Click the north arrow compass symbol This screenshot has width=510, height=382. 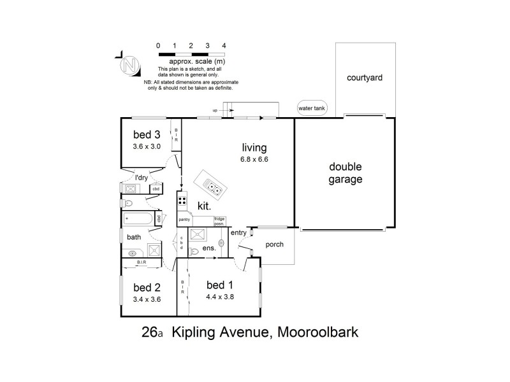click(131, 64)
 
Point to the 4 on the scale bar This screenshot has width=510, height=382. click(224, 46)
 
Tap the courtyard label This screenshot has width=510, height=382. click(365, 78)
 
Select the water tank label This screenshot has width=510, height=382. click(312, 109)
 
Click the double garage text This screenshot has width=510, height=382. click(346, 173)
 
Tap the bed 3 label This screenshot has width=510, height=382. click(147, 134)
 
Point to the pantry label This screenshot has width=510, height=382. click(184, 220)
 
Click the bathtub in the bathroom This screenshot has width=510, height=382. click(138, 220)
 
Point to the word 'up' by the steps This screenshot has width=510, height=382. click(215, 110)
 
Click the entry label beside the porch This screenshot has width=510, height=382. click(238, 233)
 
